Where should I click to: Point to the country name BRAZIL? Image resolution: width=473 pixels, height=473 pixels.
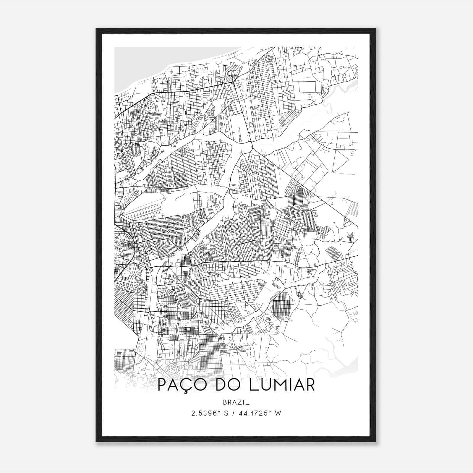coord(237,402)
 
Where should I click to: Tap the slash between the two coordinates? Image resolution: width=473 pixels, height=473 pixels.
coord(234,413)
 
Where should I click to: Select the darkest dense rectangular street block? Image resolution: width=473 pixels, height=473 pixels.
coord(281,304)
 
